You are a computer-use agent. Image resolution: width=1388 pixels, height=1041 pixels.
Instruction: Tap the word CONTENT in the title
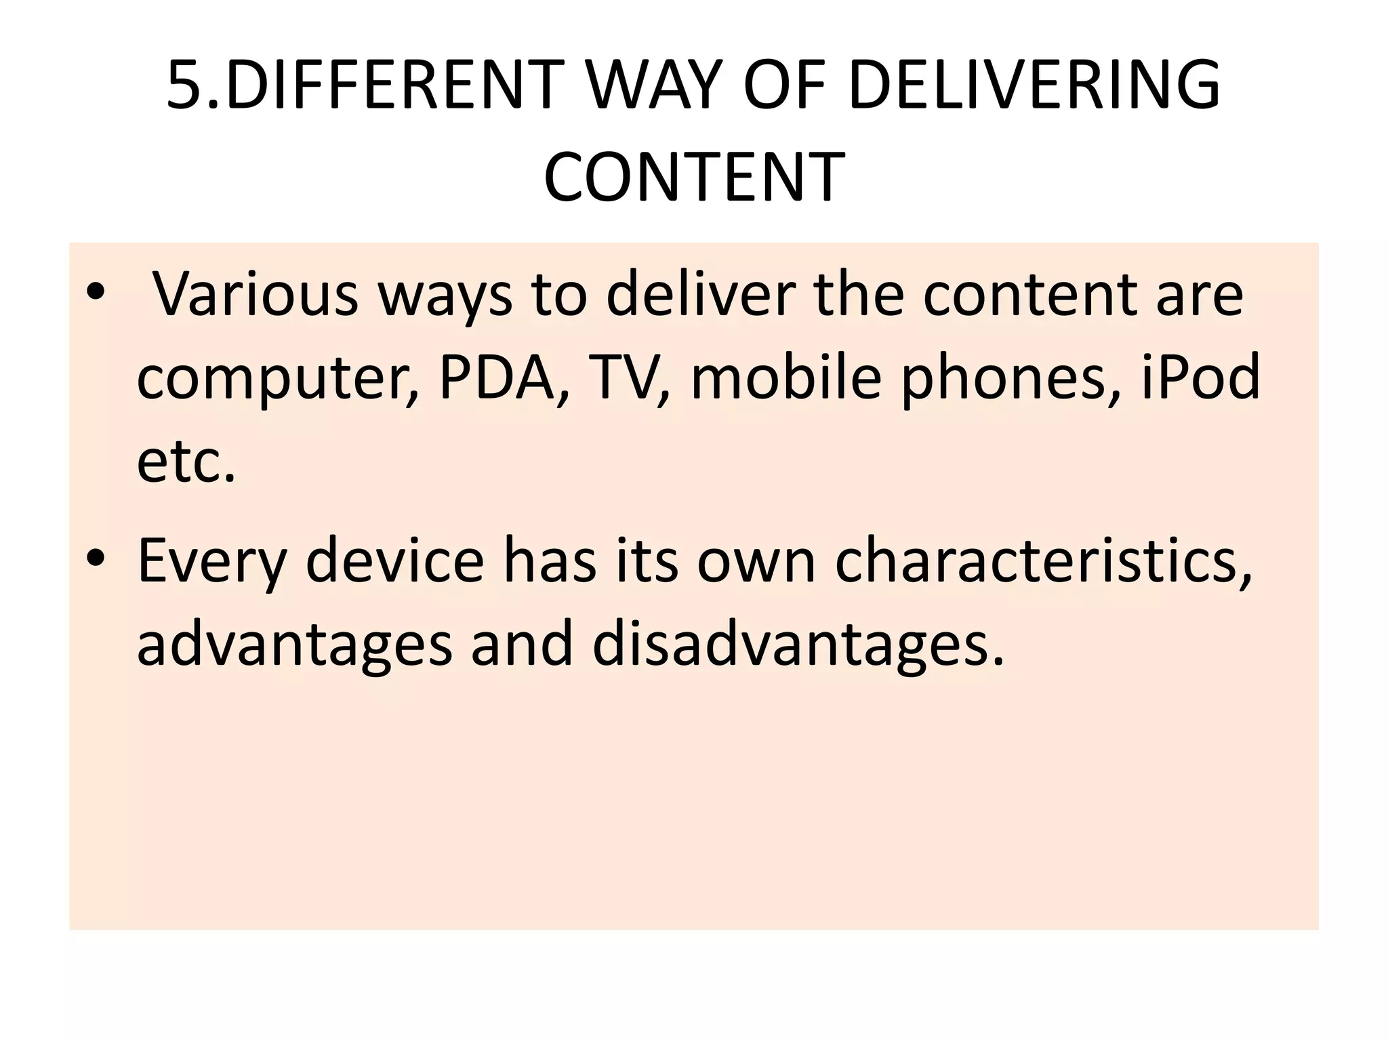(x=694, y=177)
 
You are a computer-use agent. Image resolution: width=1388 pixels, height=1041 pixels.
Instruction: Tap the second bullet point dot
(x=96, y=560)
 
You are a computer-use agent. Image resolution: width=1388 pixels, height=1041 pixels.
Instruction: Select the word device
(x=395, y=560)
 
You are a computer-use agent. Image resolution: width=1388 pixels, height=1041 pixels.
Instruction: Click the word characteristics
(x=1042, y=560)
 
